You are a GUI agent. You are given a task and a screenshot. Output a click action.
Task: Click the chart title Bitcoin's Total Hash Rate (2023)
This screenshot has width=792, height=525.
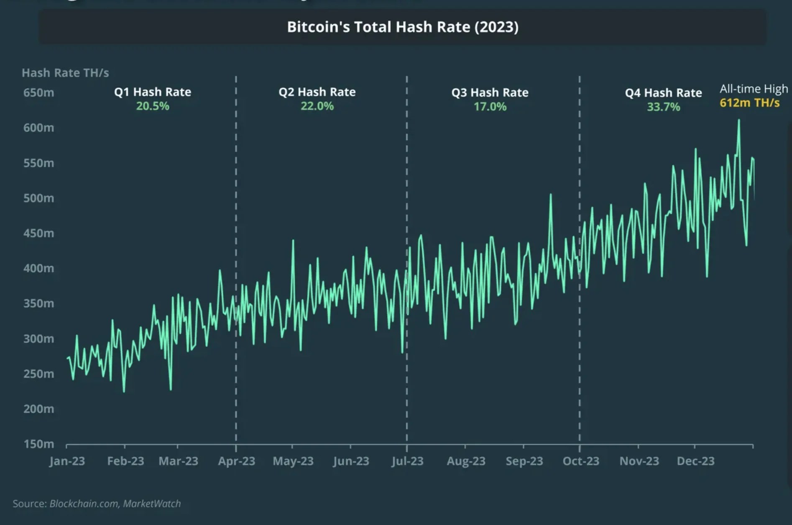(x=402, y=27)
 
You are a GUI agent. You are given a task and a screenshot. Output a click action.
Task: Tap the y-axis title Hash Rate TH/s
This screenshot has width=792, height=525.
(x=65, y=73)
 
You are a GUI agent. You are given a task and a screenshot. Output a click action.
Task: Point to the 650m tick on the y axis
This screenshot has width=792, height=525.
(x=38, y=93)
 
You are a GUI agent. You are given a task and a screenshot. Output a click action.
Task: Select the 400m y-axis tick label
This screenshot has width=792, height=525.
(x=38, y=268)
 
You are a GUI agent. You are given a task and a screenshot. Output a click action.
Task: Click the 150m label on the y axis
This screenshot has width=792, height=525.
(x=38, y=444)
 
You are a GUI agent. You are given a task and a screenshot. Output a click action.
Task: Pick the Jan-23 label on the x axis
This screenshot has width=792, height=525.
(x=67, y=461)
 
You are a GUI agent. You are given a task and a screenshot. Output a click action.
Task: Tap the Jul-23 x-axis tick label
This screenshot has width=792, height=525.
(x=407, y=461)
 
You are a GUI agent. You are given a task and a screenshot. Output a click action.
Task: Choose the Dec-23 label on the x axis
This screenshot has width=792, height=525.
(x=695, y=461)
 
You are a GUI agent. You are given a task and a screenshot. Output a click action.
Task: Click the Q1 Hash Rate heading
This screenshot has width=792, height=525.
(x=153, y=92)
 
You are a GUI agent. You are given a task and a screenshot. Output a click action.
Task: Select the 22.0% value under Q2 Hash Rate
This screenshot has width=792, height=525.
(x=317, y=106)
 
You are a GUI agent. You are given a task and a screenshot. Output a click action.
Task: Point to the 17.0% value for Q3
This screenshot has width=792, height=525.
(x=490, y=107)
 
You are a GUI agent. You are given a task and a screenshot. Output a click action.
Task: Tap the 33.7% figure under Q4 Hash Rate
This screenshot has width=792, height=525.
(x=663, y=107)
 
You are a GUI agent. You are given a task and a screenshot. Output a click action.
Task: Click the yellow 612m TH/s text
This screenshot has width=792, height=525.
(x=749, y=103)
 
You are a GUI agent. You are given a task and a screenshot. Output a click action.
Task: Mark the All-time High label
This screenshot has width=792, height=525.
(x=754, y=89)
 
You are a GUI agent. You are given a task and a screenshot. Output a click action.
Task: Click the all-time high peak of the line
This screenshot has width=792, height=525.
(x=739, y=121)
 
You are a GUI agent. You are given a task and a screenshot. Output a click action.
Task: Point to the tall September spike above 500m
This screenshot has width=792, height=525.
(x=551, y=195)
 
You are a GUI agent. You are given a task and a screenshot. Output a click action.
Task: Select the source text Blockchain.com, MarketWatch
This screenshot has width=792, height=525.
(x=115, y=504)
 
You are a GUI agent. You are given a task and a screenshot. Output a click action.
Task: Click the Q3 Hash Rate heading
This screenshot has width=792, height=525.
(x=490, y=93)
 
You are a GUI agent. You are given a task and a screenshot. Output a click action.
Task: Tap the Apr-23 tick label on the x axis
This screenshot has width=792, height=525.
(x=236, y=461)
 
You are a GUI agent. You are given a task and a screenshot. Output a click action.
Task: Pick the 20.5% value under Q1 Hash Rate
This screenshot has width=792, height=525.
(x=153, y=106)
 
